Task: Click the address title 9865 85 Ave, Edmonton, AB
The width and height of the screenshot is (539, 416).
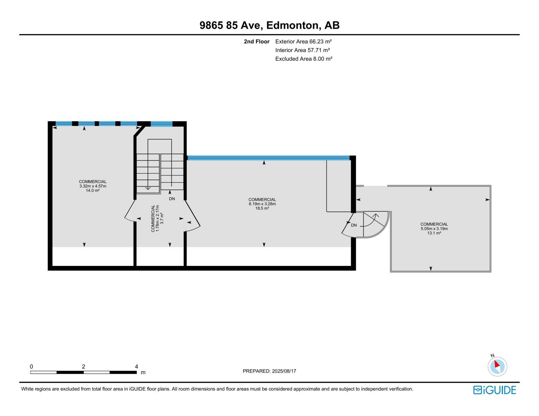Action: [269, 25]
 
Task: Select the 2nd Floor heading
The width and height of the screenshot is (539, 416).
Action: [256, 42]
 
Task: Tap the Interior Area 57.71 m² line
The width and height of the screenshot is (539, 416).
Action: [302, 50]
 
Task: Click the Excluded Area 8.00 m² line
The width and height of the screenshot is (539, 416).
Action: [304, 59]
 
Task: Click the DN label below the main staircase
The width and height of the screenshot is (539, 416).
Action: [172, 199]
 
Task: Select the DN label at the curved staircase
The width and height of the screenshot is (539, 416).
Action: [354, 225]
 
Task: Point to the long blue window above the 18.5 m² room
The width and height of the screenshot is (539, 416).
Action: [268, 158]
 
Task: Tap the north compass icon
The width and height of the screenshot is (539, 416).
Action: [497, 366]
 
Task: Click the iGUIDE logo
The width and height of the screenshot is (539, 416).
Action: [495, 390]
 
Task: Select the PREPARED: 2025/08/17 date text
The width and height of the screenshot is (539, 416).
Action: [269, 371]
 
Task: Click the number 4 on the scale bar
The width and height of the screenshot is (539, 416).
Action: [136, 367]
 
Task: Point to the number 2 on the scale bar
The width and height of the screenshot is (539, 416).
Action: [83, 367]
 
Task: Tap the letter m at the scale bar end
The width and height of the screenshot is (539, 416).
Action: [143, 373]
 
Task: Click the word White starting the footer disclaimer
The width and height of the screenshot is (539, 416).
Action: [28, 389]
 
